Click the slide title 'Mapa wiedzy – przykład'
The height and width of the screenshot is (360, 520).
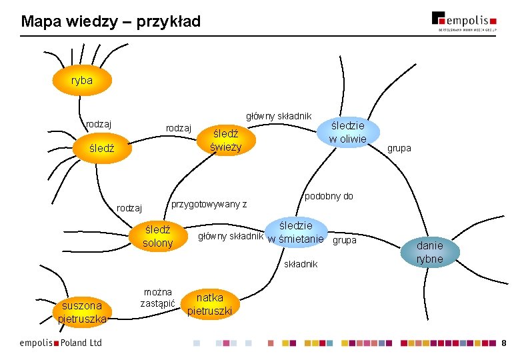point(111,22)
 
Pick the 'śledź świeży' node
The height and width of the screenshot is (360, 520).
point(224,140)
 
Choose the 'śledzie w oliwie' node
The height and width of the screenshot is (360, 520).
point(347,132)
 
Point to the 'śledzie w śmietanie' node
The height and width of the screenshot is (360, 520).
point(295,232)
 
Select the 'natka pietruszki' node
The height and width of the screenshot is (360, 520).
point(209,304)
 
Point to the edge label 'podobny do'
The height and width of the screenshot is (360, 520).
point(329,197)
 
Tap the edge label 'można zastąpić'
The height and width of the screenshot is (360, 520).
point(157,297)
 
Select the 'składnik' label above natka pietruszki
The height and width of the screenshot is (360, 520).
point(301,264)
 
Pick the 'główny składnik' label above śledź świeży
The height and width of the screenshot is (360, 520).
point(279,116)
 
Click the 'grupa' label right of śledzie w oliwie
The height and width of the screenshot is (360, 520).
point(399,148)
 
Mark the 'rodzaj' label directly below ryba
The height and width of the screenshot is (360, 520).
point(99,123)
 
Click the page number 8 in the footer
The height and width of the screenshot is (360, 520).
point(504,343)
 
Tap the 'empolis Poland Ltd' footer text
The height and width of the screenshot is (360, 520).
point(61,343)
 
